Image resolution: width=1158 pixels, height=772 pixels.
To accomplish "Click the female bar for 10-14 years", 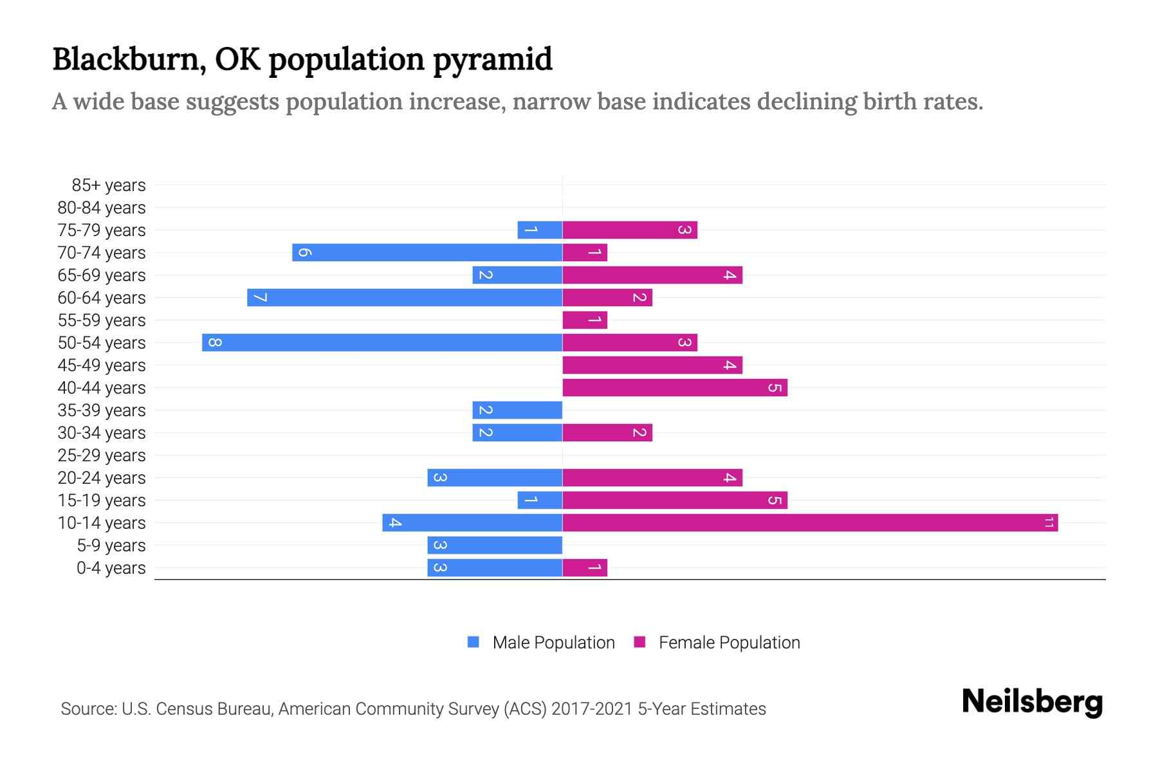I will [x=810, y=522].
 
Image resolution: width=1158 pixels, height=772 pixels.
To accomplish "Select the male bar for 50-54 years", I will [x=382, y=342].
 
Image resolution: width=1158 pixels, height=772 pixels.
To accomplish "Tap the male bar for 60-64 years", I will [x=405, y=297].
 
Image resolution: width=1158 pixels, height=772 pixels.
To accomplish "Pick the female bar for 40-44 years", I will [x=675, y=387].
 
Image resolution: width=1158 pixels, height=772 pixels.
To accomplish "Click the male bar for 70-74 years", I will [x=427, y=252].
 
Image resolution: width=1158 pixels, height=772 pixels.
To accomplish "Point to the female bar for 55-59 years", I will [x=585, y=320].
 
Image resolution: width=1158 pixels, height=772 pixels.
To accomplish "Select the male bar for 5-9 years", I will [x=495, y=545].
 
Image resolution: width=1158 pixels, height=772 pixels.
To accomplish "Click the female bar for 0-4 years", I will [x=585, y=567].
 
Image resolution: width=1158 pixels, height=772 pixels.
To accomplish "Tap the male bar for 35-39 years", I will [x=517, y=410].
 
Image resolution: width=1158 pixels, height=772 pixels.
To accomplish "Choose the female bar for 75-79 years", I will [x=630, y=230].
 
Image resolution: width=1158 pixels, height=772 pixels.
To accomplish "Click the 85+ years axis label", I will [x=109, y=185].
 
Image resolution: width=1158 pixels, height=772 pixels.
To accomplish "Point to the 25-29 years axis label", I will [x=102, y=455].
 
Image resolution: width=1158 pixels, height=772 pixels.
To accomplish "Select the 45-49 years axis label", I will [x=102, y=365].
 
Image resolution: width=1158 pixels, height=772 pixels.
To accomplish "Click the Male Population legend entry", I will [x=553, y=642].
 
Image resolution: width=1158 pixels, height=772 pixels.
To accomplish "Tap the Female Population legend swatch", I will [x=639, y=642].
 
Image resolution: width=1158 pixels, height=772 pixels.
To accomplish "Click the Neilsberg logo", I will [x=1032, y=701].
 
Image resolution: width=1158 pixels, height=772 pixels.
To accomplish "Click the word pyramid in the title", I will [x=492, y=60].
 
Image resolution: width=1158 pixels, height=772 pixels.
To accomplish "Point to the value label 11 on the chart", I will [x=1049, y=522].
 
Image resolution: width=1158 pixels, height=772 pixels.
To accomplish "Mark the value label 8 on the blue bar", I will [x=216, y=342].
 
